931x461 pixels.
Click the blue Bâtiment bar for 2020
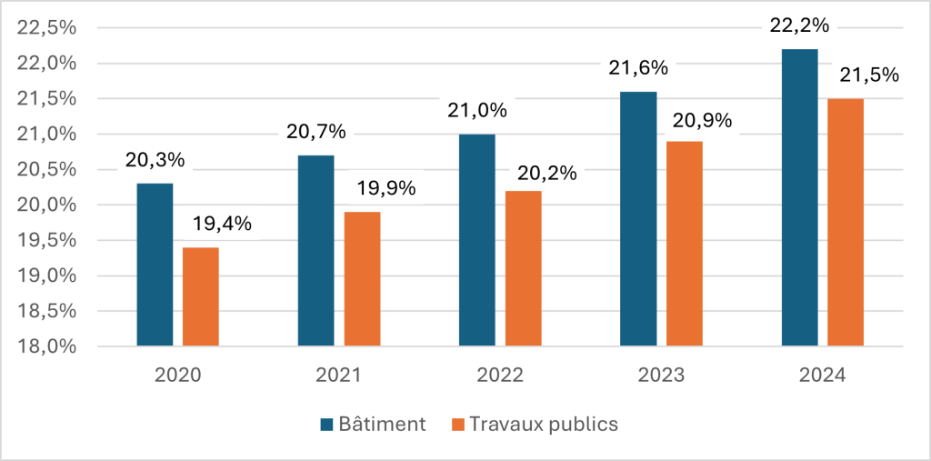click(x=155, y=265)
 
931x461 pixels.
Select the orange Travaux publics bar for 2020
click(x=201, y=296)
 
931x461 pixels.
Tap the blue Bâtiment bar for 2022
click(x=477, y=240)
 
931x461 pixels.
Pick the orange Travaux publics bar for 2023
click(x=685, y=244)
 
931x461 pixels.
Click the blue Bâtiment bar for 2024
click(x=799, y=197)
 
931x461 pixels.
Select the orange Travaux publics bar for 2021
click(x=362, y=279)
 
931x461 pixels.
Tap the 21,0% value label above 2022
click(x=477, y=111)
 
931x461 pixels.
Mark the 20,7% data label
click(x=315, y=132)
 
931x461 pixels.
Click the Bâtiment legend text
click(x=381, y=424)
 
